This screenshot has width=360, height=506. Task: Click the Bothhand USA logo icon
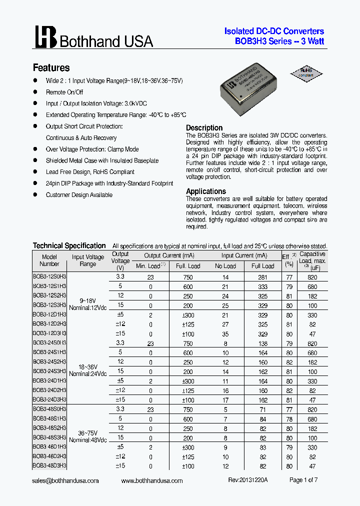(x=45, y=37)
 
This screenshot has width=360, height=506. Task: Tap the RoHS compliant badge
(x=305, y=72)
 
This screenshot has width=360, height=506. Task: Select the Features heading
(x=51, y=68)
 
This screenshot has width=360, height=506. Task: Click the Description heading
(x=204, y=128)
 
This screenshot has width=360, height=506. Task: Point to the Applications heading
(x=205, y=191)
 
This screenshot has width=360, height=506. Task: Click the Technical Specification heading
(x=69, y=245)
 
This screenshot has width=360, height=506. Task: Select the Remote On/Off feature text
(x=64, y=92)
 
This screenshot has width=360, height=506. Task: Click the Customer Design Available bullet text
(x=79, y=195)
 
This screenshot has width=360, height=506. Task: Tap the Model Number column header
(x=49, y=260)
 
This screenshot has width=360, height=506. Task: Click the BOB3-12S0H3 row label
(x=49, y=277)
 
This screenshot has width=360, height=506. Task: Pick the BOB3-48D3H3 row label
(x=49, y=465)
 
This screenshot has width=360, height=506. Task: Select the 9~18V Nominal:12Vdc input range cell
(x=88, y=304)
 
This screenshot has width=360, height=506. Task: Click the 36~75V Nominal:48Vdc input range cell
(x=88, y=436)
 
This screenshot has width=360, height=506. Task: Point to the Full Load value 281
(x=262, y=277)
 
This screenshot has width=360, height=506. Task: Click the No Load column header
(x=225, y=266)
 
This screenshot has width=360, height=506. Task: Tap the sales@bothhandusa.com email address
(x=66, y=480)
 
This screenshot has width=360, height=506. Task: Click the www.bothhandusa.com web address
(x=152, y=480)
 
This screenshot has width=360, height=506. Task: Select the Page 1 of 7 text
(x=303, y=480)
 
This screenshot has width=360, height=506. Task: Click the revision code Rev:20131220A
(x=248, y=480)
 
